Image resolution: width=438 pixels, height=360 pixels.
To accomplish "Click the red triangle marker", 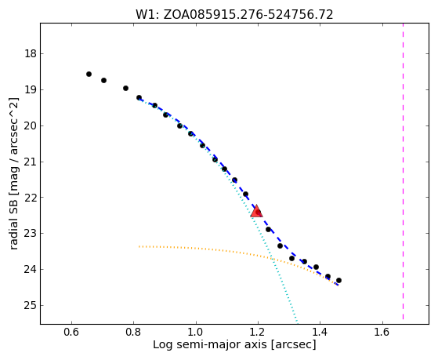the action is pyautogui.click(x=256, y=211).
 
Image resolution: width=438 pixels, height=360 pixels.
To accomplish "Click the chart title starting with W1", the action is pyautogui.click(x=234, y=14).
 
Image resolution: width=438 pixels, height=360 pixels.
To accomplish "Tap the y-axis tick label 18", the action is pyautogui.click(x=31, y=53).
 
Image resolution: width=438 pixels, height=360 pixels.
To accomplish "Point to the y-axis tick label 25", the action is pyautogui.click(x=31, y=305).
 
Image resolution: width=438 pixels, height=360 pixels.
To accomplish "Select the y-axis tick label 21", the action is pyautogui.click(x=31, y=162).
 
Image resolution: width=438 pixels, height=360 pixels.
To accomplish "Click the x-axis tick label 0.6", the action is pyautogui.click(x=71, y=332).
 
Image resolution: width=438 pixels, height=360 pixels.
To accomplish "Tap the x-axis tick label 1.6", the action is pyautogui.click(x=382, y=332).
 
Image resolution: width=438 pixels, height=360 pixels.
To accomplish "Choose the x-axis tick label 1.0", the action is pyautogui.click(x=196, y=332).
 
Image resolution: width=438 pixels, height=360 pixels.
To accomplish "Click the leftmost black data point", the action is pyautogui.click(x=89, y=75).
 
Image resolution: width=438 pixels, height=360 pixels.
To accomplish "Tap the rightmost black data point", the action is pyautogui.click(x=338, y=280).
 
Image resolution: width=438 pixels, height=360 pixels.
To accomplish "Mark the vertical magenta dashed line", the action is pyautogui.click(x=403, y=171).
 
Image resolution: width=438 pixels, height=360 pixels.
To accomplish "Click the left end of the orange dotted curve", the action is pyautogui.click(x=139, y=246).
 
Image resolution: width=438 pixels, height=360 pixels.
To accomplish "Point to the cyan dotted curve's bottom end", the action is pyautogui.click(x=297, y=322).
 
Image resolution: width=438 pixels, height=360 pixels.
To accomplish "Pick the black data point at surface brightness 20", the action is pyautogui.click(x=180, y=125).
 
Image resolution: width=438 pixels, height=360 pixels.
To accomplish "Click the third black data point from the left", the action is pyautogui.click(x=125, y=88).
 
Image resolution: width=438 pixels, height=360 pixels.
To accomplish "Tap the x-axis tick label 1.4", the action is pyautogui.click(x=320, y=332).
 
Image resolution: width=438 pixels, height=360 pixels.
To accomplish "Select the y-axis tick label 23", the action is pyautogui.click(x=31, y=233).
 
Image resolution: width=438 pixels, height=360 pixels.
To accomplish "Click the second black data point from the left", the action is pyautogui.click(x=103, y=80).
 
